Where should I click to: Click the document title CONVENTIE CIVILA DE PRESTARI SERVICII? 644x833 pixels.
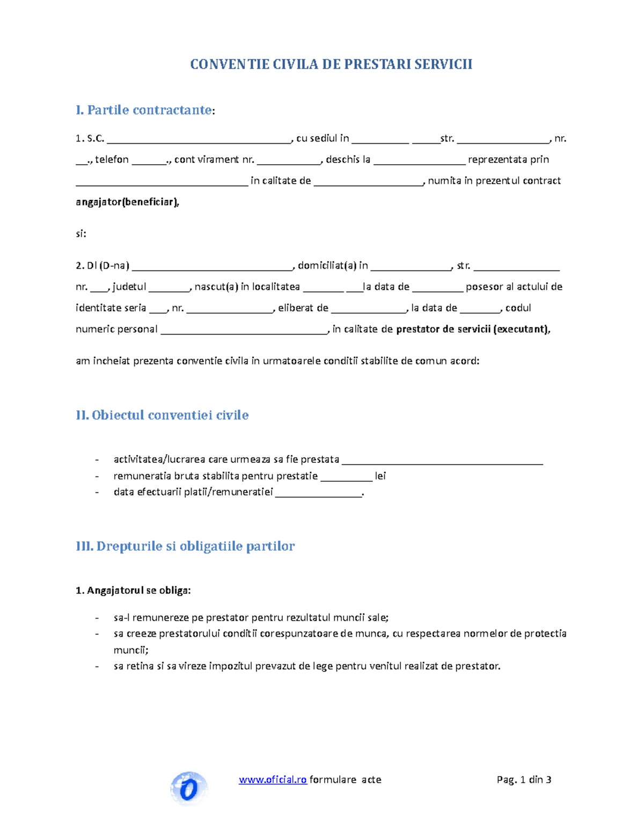(x=331, y=64)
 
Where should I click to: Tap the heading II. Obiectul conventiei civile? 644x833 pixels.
(x=162, y=415)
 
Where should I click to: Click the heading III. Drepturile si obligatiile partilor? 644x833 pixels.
(x=185, y=546)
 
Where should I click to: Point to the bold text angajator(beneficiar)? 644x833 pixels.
(x=128, y=202)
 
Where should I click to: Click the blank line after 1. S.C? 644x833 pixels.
(x=199, y=139)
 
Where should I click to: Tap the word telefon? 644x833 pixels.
(x=112, y=159)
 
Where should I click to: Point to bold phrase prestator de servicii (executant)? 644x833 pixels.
(x=472, y=329)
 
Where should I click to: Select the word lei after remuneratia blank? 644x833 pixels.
(x=380, y=476)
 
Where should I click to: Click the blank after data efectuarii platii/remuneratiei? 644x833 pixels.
(x=319, y=493)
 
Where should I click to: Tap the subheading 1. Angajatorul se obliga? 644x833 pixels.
(x=133, y=591)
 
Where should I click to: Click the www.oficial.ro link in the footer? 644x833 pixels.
(x=273, y=779)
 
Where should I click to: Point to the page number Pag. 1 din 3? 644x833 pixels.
(x=524, y=779)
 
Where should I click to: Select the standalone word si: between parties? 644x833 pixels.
(x=81, y=234)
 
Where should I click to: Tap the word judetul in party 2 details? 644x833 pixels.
(x=129, y=286)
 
